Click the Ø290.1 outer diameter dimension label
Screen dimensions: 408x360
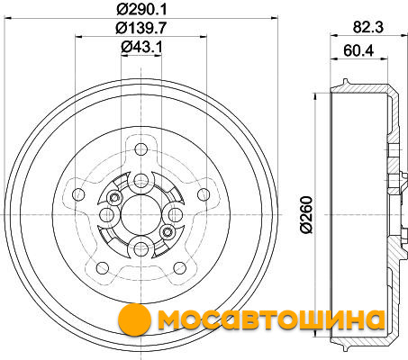point(141,9)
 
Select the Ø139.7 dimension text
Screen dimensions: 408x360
point(141,28)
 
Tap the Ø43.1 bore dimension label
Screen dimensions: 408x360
point(141,47)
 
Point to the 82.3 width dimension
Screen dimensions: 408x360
point(368,27)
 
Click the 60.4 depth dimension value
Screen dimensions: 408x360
point(358,50)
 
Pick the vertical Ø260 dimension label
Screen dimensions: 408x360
point(306,214)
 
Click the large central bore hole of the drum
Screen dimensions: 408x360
point(141,215)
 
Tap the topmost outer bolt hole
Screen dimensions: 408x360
point(141,149)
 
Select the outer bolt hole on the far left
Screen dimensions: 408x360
point(78,194)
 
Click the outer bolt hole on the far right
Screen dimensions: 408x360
point(204,194)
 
